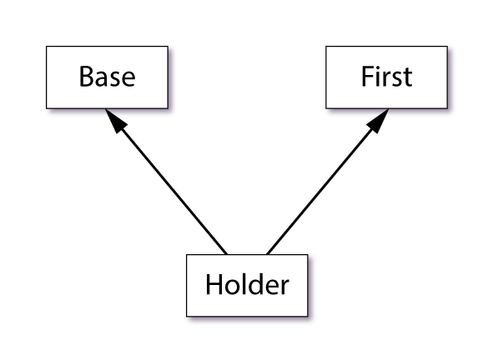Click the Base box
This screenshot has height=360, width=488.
[x=107, y=77]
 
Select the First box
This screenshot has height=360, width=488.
[x=386, y=77]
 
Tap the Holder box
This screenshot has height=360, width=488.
[x=247, y=285]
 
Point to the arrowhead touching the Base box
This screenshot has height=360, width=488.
[x=115, y=120]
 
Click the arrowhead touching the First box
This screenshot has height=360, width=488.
[x=379, y=120]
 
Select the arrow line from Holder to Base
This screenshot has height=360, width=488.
[x=166, y=182]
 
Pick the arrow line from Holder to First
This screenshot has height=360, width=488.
[x=328, y=182]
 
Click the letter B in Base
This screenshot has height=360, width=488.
[x=88, y=76]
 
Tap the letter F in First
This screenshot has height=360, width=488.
[x=367, y=76]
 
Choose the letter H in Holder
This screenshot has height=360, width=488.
[x=214, y=284]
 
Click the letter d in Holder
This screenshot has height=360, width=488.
[x=258, y=283]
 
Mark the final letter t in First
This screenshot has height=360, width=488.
[x=407, y=77]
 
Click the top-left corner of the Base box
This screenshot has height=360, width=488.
[x=47, y=47]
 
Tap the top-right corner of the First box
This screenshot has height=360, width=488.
[x=447, y=47]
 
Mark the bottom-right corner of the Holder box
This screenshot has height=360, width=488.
[x=308, y=317]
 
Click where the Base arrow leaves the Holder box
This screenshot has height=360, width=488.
[x=227, y=254]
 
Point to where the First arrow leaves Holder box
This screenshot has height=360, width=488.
[x=267, y=254]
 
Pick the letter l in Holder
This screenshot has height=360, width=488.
[x=245, y=283]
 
